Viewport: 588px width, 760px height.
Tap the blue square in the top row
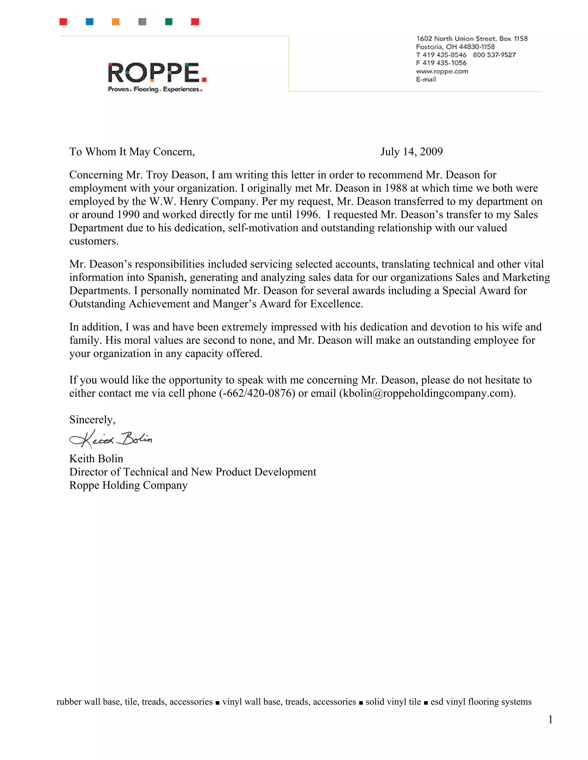pos(90,22)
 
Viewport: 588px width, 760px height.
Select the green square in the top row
pos(169,22)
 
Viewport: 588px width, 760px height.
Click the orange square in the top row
pos(116,22)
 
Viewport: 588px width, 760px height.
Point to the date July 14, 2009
pos(411,152)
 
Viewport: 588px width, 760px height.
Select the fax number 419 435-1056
pos(444,63)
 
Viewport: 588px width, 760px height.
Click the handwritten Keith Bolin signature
pos(111,439)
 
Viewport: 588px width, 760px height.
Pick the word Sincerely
pos(92,420)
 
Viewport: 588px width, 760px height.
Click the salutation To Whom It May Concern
pos(132,152)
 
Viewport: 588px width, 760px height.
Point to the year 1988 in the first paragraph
pos(396,188)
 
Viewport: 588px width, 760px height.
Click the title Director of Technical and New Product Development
pos(193,472)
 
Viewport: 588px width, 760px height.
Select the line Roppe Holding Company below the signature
pos(128,485)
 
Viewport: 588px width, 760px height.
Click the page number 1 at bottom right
pos(550,720)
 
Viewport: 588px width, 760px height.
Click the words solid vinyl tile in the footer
pos(393,702)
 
